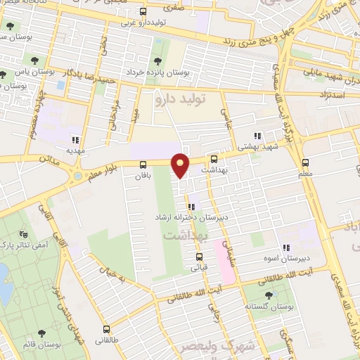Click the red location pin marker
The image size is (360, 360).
pos(181,165)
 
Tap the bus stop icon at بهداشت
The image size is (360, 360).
pos(214,160)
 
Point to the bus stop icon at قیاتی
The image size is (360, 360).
pos(200,257)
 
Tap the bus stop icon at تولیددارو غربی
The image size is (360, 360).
pos(143,12)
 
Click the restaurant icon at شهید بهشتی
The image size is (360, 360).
pos(257,135)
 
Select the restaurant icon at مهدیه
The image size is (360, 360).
pos(75,139)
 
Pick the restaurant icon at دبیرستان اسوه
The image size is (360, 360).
pos(285,247)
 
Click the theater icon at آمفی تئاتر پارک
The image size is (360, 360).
pos(22,233)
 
